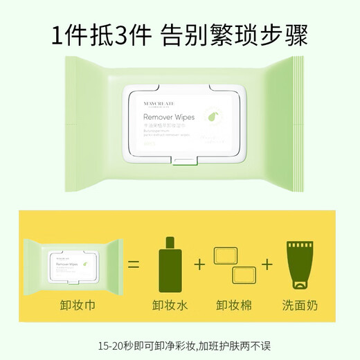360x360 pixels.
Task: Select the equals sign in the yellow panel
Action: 134,264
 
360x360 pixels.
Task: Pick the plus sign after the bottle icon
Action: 200,264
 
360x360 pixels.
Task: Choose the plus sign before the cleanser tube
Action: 267,264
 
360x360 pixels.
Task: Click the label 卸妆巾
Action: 73,305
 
